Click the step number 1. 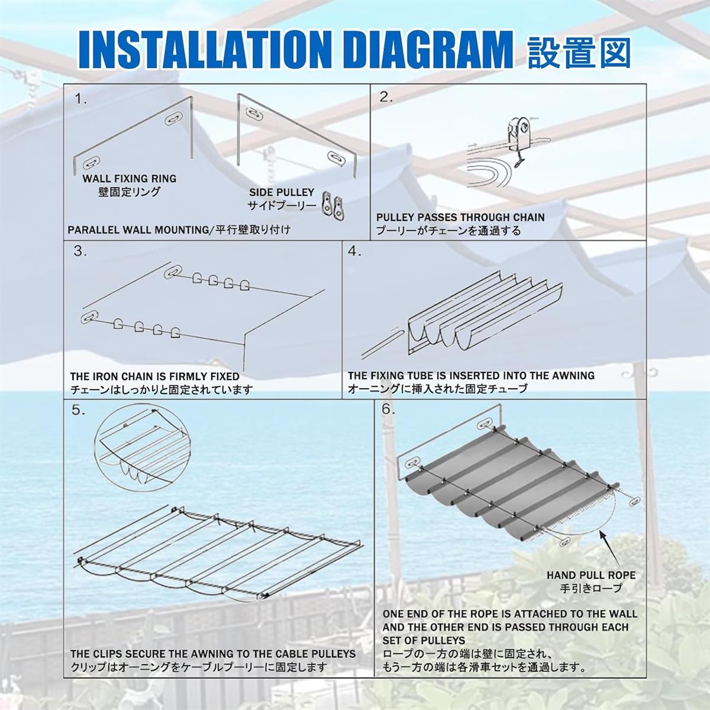pyautogui.click(x=80, y=99)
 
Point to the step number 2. pyautogui.click(x=386, y=98)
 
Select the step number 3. pyautogui.click(x=80, y=251)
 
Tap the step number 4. pyautogui.click(x=355, y=251)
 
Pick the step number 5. pyautogui.click(x=79, y=411)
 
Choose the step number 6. pyautogui.click(x=388, y=409)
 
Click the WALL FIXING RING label pyautogui.click(x=130, y=179)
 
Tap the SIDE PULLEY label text pyautogui.click(x=282, y=192)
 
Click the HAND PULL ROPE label pyautogui.click(x=591, y=575)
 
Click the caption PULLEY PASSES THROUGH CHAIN pyautogui.click(x=460, y=217)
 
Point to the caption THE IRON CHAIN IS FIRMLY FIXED pyautogui.click(x=155, y=376)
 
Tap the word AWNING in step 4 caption pyautogui.click(x=573, y=376)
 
